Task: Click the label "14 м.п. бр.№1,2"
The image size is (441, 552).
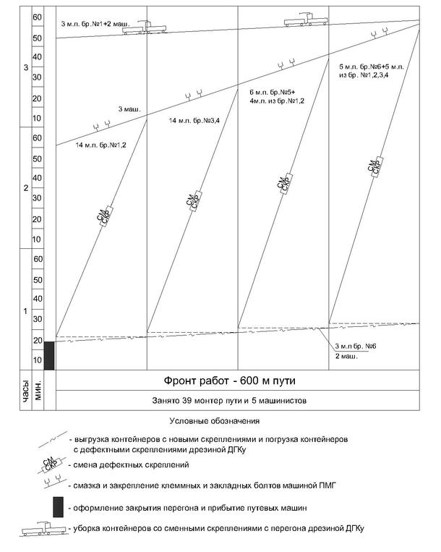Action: [100, 145]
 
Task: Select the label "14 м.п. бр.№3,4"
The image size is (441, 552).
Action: [194, 121]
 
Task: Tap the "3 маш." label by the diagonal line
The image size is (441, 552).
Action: [129, 109]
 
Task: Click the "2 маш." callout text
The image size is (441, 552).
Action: [346, 356]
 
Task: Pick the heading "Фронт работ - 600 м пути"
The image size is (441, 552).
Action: [230, 381]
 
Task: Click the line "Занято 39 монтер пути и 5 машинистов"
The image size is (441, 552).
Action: [229, 401]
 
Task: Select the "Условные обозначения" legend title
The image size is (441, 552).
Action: [215, 421]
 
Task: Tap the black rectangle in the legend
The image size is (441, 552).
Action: [59, 507]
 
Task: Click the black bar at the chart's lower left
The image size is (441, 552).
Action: [49, 355]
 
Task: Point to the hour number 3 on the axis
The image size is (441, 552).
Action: [26, 67]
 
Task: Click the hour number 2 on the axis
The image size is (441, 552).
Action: [26, 188]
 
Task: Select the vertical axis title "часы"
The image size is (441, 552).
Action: [26, 391]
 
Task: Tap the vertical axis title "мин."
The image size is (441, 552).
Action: [38, 391]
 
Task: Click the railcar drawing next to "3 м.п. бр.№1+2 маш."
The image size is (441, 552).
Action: [145, 27]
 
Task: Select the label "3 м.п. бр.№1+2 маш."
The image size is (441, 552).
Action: [95, 24]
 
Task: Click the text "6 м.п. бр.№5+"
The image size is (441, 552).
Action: [273, 93]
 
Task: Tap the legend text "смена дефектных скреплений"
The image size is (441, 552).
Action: [131, 465]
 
